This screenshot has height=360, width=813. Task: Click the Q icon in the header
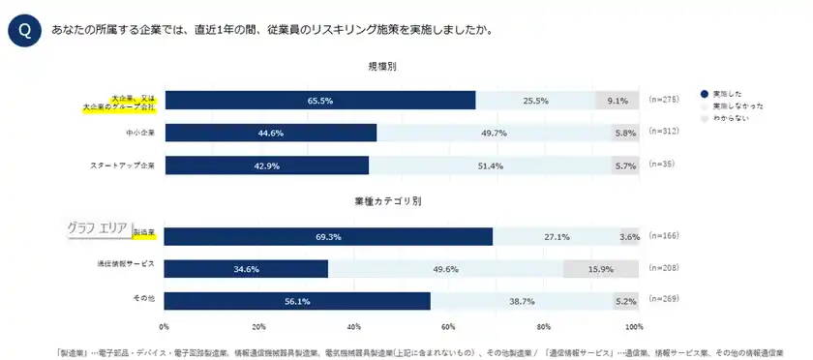pos(23,31)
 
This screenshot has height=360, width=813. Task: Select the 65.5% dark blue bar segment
pos(319,101)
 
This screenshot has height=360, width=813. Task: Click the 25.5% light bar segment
pos(535,101)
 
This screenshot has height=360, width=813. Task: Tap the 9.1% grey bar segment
pos(617,101)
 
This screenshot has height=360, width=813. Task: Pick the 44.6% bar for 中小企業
pos(270,134)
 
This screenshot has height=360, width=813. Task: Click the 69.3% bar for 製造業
pos(328,236)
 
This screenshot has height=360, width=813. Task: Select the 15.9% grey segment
pos(600,269)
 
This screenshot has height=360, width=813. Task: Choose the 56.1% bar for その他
pos(297,301)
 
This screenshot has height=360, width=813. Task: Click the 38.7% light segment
pos(522,301)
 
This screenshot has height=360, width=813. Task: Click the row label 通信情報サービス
pos(126,263)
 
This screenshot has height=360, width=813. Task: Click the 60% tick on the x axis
pos(447,326)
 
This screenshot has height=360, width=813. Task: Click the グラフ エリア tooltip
pos(98,228)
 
